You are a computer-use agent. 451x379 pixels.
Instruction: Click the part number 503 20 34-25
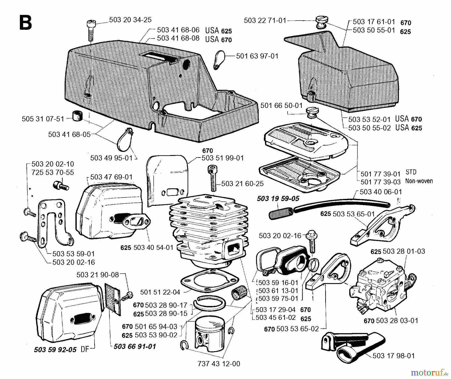coord(130,20)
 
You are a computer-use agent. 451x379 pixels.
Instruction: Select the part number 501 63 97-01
coord(257,56)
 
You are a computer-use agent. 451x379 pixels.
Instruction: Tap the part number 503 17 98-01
coord(394,356)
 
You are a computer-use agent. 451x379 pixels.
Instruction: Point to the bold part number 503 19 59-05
coord(278,199)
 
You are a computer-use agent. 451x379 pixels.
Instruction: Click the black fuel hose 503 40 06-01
coord(341,202)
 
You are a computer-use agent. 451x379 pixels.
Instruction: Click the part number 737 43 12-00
coord(219,364)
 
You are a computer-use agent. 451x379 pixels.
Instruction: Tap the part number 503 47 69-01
coord(111,177)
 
